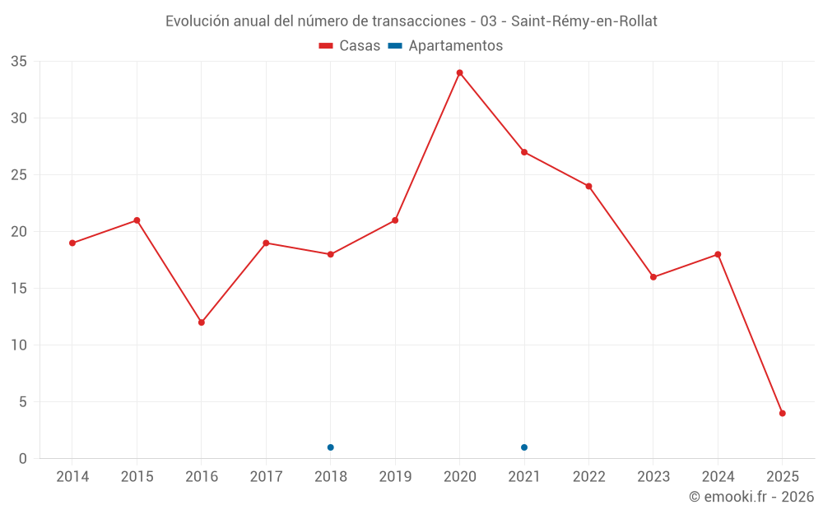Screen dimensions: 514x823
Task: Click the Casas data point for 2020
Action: click(459, 72)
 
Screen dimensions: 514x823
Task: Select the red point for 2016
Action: click(201, 322)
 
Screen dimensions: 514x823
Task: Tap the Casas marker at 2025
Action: click(783, 414)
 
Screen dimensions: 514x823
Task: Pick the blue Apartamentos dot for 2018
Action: click(330, 447)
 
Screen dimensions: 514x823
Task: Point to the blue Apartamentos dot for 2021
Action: click(524, 447)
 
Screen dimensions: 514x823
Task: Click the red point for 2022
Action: click(588, 186)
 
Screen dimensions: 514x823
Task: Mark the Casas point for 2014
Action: click(72, 243)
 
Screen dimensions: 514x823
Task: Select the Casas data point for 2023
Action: click(653, 277)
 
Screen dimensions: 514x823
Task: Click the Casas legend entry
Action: click(350, 46)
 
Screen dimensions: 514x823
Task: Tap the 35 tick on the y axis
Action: click(19, 62)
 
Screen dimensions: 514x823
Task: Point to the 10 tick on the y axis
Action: click(19, 345)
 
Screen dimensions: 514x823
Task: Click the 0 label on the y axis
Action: click(23, 459)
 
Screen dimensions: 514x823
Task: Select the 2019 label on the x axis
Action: click(395, 477)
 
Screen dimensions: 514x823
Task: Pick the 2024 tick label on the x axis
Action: click(718, 477)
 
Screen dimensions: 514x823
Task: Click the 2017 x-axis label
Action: click(266, 477)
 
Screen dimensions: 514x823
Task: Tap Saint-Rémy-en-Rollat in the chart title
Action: click(584, 21)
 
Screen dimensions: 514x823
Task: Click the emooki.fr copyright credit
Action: click(751, 497)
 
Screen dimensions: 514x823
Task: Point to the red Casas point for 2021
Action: click(524, 152)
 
